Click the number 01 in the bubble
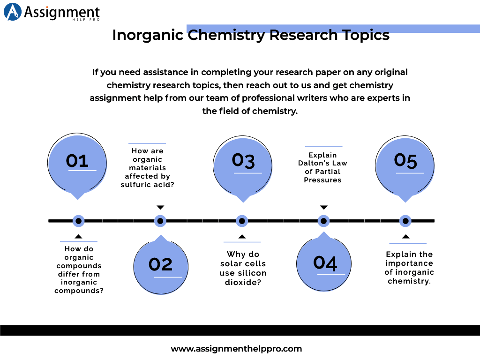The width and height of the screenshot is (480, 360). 77,161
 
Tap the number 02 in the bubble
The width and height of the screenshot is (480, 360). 161,264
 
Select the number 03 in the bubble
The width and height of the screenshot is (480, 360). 243,161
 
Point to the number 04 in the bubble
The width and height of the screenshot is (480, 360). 325,262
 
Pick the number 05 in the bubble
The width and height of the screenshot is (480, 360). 405,161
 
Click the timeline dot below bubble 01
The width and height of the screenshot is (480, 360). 79,221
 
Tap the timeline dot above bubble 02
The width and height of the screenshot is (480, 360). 160,221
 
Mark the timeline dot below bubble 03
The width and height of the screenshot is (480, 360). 242,221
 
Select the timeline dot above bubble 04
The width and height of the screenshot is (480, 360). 323,221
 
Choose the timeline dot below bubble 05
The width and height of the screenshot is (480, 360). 405,221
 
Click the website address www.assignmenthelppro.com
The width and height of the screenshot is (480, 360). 236,349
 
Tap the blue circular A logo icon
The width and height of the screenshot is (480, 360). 13,12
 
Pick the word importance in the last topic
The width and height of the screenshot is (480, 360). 409,263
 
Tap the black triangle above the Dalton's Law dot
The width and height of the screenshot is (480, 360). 323,207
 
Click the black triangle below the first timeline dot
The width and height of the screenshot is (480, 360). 79,236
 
